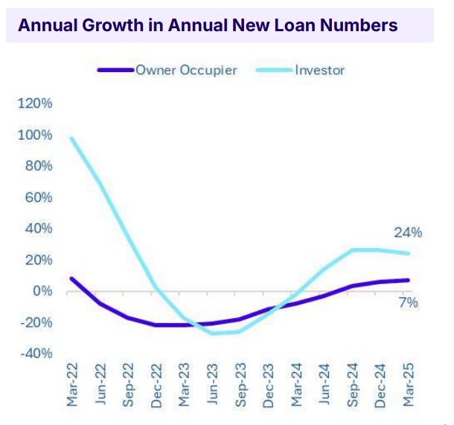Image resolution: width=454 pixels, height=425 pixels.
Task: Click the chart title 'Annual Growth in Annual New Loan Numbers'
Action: (207, 25)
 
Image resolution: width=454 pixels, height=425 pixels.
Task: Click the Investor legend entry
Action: (319, 71)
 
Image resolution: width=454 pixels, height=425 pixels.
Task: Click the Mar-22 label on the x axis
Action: (72, 386)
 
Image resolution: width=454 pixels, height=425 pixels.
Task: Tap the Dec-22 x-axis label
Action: (157, 386)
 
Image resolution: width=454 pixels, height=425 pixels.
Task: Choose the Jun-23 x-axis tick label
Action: (214, 386)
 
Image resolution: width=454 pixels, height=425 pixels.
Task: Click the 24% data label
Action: (408, 233)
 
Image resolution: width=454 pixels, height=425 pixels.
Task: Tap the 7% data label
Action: (408, 302)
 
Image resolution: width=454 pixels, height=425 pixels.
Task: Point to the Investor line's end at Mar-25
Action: (409, 253)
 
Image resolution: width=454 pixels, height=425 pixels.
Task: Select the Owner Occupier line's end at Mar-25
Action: (409, 280)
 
